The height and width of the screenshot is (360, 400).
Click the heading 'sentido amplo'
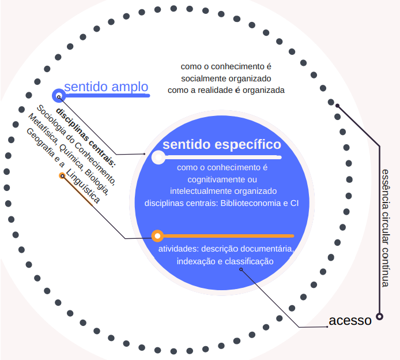(106, 87)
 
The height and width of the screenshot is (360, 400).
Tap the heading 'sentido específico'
(222, 144)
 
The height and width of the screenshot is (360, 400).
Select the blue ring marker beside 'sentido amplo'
(58, 95)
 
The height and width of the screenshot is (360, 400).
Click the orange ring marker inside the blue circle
(157, 235)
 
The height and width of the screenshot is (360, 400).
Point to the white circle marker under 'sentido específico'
(157, 157)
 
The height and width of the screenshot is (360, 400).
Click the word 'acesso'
(350, 321)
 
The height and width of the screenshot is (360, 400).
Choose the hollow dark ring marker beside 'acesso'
(379, 316)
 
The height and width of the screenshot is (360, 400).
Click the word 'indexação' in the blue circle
(195, 261)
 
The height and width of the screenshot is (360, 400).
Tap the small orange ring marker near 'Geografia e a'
(62, 175)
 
